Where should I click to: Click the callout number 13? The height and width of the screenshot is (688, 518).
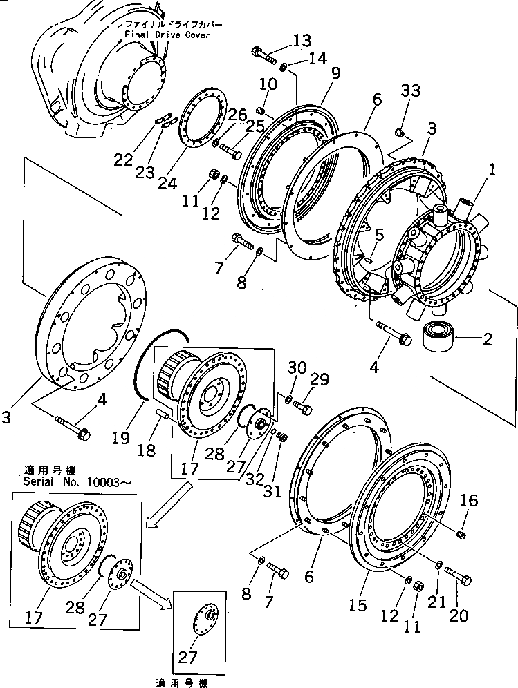pos(302,41)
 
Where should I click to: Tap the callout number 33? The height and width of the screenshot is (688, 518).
pos(410,91)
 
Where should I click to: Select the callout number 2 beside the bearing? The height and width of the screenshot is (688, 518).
pos(487,339)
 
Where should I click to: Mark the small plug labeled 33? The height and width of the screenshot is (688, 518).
pos(399,131)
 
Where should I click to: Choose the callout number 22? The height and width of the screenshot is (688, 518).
pos(122,159)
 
